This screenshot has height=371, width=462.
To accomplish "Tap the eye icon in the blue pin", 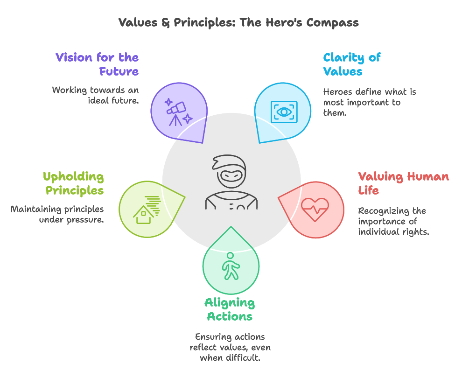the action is click(283, 112).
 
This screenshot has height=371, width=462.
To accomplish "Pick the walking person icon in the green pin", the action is click(231, 266).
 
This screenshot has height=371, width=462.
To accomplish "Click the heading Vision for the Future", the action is click(97, 64).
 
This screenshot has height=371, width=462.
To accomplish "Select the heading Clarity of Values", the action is click(352, 64).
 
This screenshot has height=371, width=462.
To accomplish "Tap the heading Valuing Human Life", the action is click(403, 183).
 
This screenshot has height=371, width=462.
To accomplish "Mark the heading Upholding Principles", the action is click(73, 183).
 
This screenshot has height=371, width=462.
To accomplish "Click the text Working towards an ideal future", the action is click(95, 95).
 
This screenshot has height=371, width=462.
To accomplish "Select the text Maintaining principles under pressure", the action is click(57, 214).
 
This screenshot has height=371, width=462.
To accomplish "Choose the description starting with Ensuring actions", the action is click(230, 347).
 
